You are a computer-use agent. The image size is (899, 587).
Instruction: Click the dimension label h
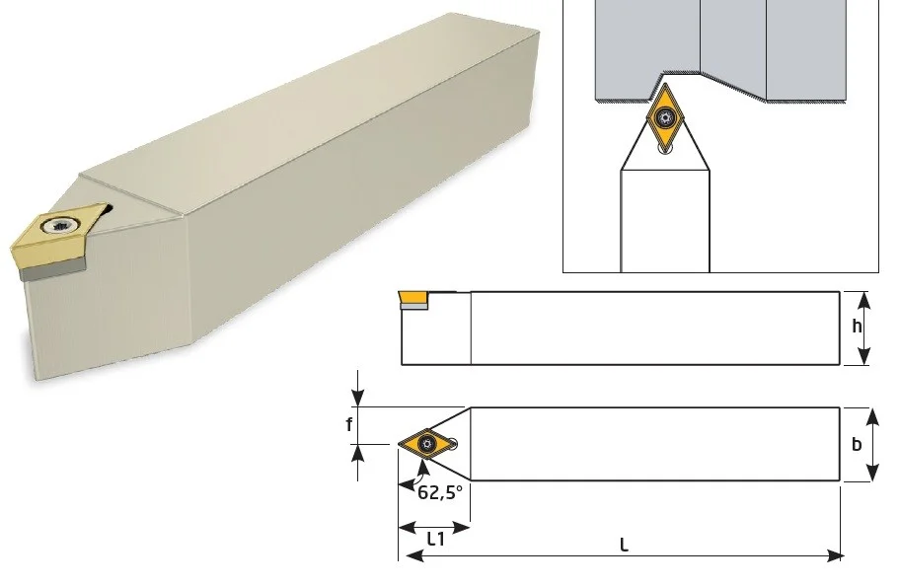pyautogui.click(x=857, y=327)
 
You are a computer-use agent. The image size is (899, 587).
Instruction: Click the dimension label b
pyautogui.click(x=857, y=444)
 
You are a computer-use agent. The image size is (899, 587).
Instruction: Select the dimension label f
pyautogui.click(x=348, y=425)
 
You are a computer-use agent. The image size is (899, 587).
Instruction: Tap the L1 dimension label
pyautogui.click(x=436, y=540)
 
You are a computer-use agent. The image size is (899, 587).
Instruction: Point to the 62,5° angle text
pyautogui.click(x=440, y=493)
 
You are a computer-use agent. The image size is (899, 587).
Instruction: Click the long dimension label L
pyautogui.click(x=625, y=546)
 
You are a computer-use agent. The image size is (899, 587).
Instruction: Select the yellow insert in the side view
pyautogui.click(x=412, y=298)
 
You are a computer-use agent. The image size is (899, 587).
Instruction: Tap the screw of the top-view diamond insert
pyautogui.click(x=427, y=443)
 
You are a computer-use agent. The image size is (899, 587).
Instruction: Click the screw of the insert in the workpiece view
pyautogui.click(x=665, y=118)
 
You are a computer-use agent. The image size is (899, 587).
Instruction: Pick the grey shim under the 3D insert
pyautogui.click(x=52, y=270)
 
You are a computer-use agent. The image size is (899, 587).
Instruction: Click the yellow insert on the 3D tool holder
pyautogui.click(x=56, y=236)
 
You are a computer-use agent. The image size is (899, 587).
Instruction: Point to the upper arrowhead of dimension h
pyautogui.click(x=864, y=298)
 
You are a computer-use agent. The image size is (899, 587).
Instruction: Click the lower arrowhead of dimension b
pyautogui.click(x=872, y=473)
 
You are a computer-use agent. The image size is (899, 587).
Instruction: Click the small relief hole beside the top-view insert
pyautogui.click(x=453, y=443)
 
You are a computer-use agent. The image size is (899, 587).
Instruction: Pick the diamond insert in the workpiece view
pyautogui.click(x=665, y=116)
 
